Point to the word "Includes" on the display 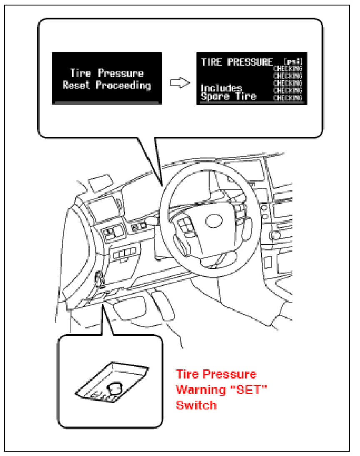pos(221,88)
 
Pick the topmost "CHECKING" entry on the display pos(287,68)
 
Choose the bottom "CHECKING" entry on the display pos(287,98)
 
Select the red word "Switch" pos(196,405)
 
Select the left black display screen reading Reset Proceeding pos(106,78)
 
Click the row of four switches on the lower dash pos(124,254)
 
